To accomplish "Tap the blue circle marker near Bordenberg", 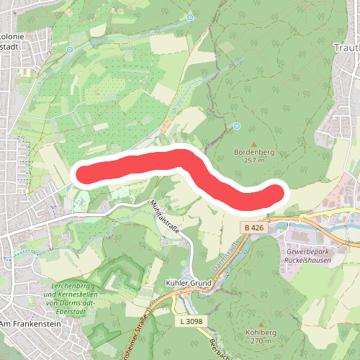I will pyautogui.click(x=236, y=126).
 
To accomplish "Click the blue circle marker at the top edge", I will pyautogui.click(x=190, y=17).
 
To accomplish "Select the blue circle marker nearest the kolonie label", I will pyautogui.click(x=70, y=49).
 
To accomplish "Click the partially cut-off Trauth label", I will pyautogui.click(x=346, y=48).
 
